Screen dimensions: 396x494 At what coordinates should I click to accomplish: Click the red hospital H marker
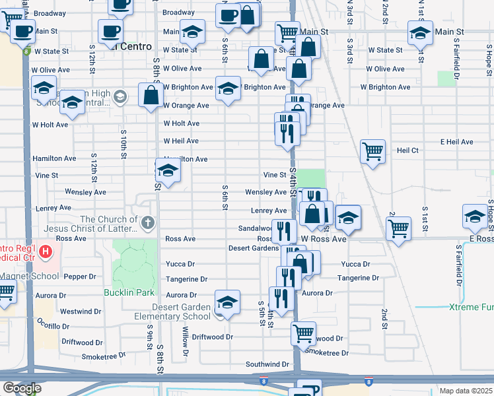(45, 251)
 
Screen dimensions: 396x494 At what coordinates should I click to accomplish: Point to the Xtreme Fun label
(471, 307)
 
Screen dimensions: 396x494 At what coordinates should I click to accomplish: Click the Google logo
(21, 389)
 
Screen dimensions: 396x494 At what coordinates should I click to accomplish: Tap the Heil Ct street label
(407, 150)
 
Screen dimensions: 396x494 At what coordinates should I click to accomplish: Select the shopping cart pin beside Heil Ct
(373, 151)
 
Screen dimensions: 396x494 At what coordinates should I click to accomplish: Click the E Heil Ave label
(457, 142)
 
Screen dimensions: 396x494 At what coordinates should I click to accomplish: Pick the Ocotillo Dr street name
(44, 327)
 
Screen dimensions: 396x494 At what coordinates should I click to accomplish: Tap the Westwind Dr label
(81, 311)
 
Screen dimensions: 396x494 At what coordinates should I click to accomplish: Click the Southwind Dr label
(267, 364)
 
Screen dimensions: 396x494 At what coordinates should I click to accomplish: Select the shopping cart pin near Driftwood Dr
(303, 333)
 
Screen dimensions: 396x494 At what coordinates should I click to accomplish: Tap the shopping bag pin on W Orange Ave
(151, 96)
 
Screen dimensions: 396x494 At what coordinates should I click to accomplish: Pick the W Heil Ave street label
(181, 141)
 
